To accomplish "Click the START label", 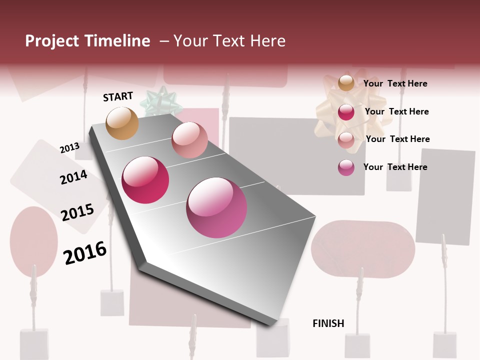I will tap(118, 96).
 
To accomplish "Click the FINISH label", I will tap(328, 323).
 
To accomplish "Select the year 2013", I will tap(69, 147).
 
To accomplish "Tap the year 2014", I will tap(73, 177).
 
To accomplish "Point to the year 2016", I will tap(85, 253).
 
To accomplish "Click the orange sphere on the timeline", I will tap(122, 123).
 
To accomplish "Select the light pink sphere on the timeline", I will tap(189, 140).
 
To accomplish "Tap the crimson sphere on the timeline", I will tap(145, 180).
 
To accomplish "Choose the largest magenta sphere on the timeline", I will tap(216, 207).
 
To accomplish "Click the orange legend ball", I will tap(346, 83).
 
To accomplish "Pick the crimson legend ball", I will tap(346, 112).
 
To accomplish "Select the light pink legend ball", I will tap(346, 139).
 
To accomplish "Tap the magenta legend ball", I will tap(346, 167).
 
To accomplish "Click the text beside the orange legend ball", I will tap(395, 83).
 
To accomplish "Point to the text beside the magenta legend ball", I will tap(395, 167).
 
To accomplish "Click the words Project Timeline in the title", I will tap(87, 41).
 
